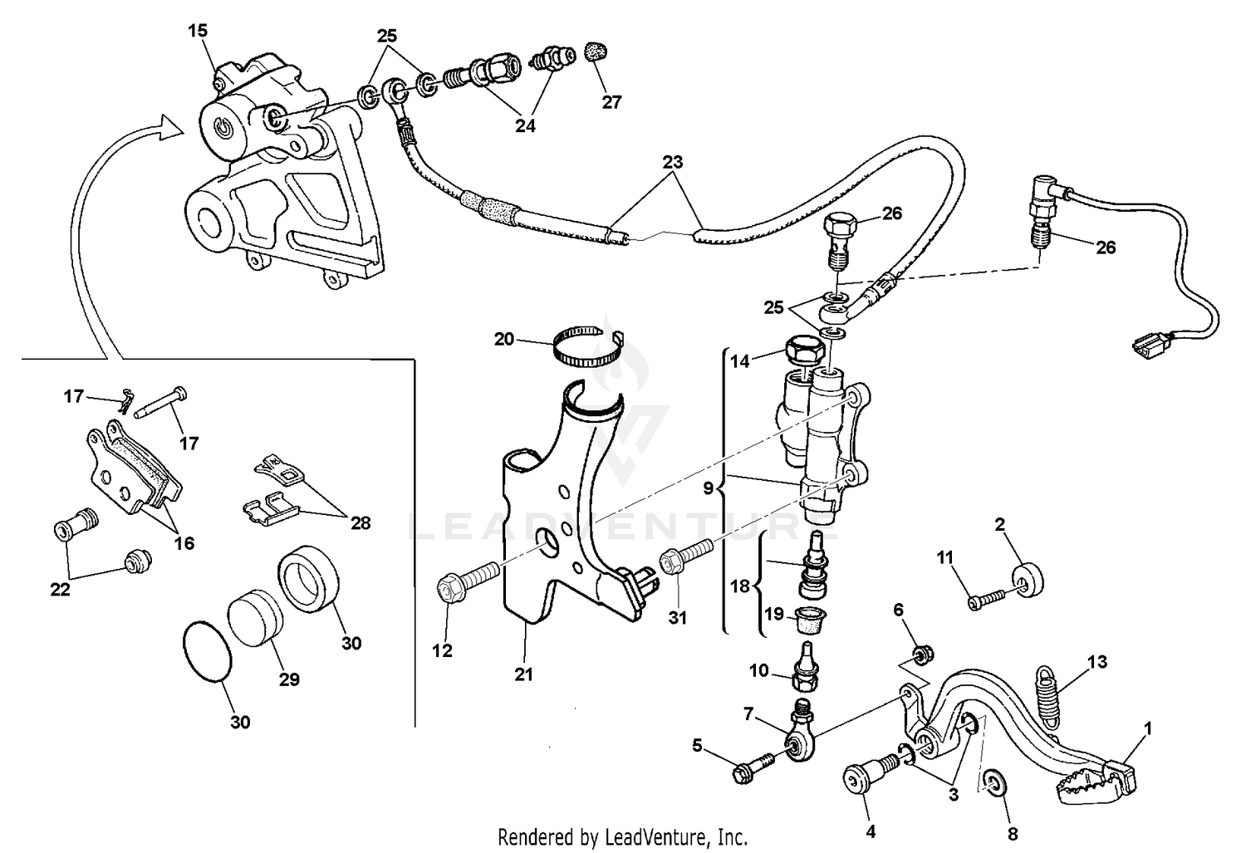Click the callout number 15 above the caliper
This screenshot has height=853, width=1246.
[198, 31]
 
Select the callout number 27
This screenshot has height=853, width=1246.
[611, 103]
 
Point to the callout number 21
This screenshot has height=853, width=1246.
[522, 675]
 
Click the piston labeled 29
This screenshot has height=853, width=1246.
[255, 619]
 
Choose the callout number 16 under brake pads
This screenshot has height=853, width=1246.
[184, 543]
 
